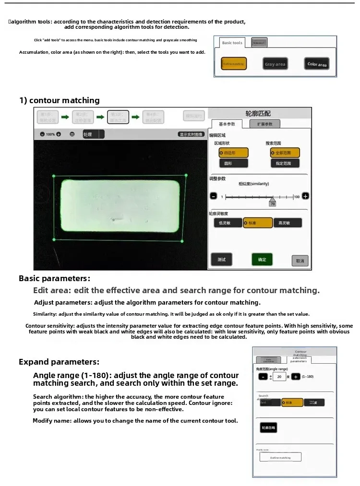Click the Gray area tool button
click(x=275, y=64)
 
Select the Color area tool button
click(x=317, y=64)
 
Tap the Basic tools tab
click(x=232, y=43)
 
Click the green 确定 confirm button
click(x=262, y=260)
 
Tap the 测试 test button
click(x=221, y=260)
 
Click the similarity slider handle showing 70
click(x=272, y=201)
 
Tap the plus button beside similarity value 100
click(x=305, y=196)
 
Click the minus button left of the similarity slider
click(x=214, y=196)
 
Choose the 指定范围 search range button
click(x=285, y=163)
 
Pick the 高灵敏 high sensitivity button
click(x=288, y=223)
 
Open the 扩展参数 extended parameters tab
click(x=265, y=124)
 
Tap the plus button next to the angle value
click(x=296, y=377)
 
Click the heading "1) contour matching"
click(x=60, y=100)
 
